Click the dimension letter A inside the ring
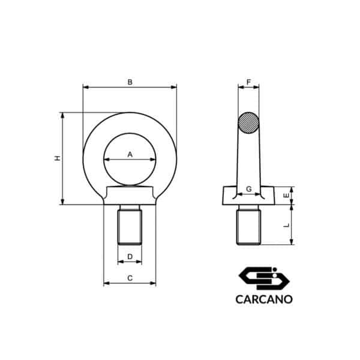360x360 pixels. click(130, 154)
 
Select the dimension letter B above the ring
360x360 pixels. click(130, 82)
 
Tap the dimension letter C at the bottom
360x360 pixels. click(130, 278)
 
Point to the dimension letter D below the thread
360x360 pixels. click(130, 257)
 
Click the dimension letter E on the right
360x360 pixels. click(286, 196)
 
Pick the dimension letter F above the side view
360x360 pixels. click(248, 82)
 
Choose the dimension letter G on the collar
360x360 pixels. click(248, 189)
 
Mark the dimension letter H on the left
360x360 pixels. click(58, 158)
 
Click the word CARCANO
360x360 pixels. click(264, 298)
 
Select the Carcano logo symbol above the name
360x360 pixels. click(264, 277)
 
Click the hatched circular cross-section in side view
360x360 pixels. click(248, 123)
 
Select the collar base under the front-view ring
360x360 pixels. click(130, 196)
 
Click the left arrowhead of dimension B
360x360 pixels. click(85, 87)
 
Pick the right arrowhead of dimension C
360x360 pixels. click(154, 283)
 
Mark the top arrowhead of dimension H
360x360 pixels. click(62, 114)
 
